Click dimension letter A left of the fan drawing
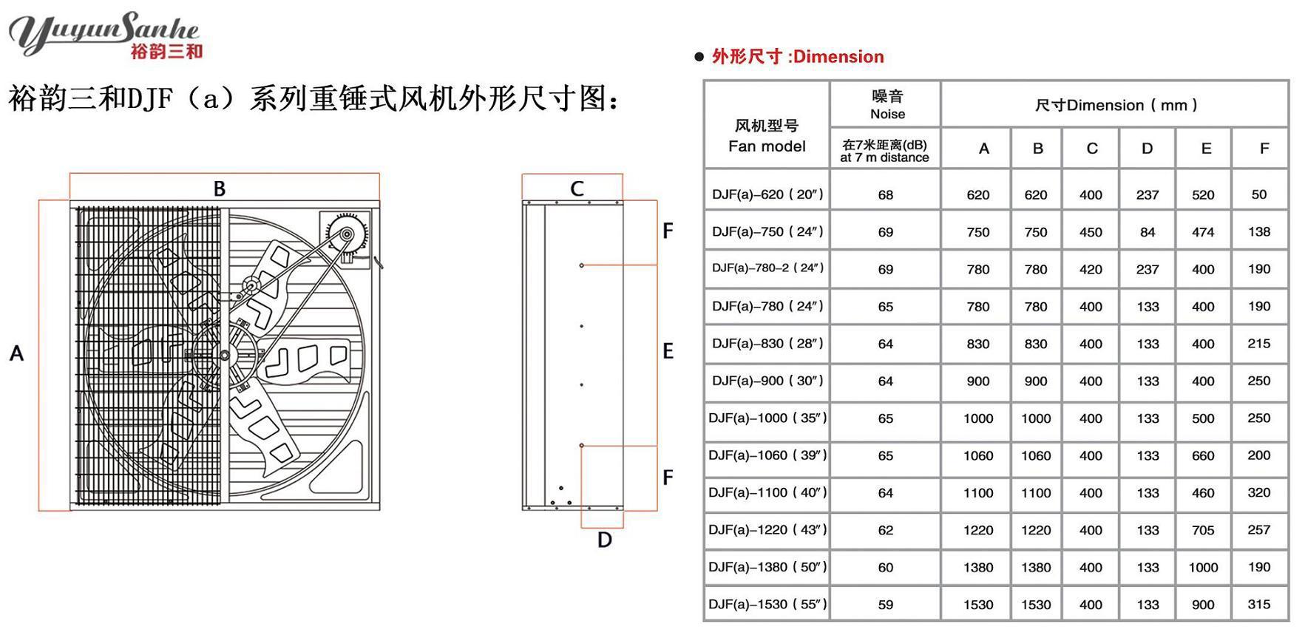coord(16,353)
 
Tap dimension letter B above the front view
coord(220,189)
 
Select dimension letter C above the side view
coord(577,189)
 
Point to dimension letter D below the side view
coord(604,540)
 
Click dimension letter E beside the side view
coord(668,351)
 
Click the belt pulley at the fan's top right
coord(345,236)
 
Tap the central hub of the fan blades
coord(224,356)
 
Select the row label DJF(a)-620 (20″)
coord(767,194)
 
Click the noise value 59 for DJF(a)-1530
coord(885,605)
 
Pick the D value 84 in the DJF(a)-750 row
coord(1147,232)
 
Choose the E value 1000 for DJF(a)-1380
coord(1202,568)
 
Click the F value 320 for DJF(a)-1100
coord(1258,493)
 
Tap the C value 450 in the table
coord(1090,232)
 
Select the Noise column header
coord(887,104)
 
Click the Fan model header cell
coord(767,136)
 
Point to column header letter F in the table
coord(1264,149)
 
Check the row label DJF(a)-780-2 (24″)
coord(767,268)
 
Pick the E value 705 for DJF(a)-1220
coord(1202,530)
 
